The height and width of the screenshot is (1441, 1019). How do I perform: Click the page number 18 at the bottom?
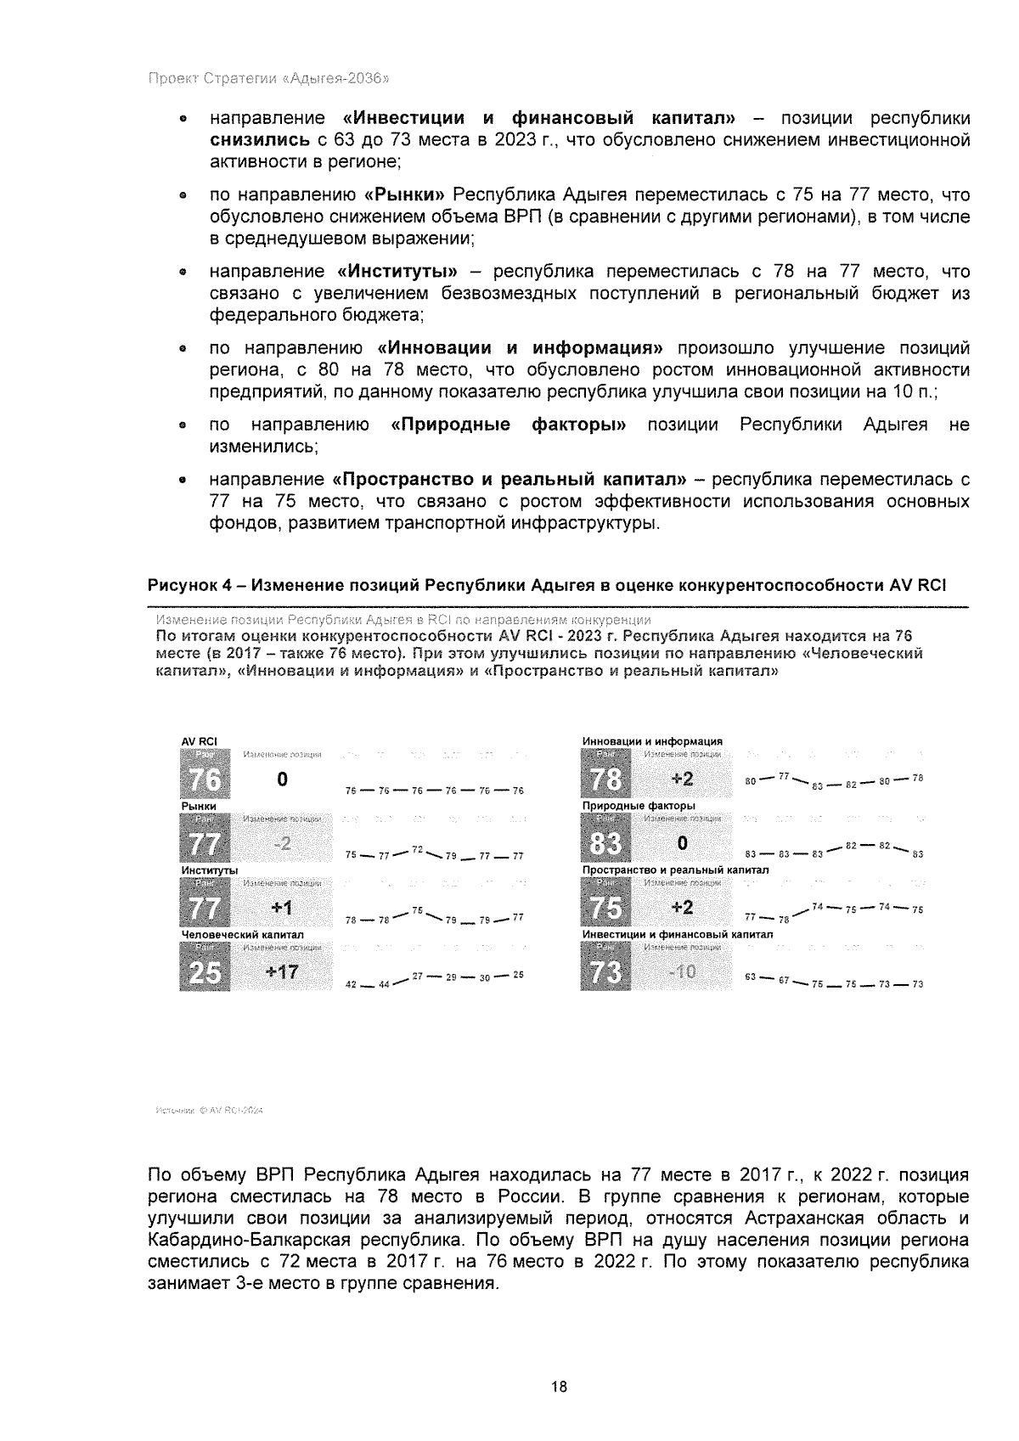(558, 1387)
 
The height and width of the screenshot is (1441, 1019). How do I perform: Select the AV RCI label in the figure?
(200, 740)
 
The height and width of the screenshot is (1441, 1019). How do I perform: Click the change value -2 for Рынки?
(281, 843)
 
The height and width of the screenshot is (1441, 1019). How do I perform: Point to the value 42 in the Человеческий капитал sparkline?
(351, 984)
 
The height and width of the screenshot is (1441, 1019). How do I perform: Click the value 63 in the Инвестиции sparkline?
(750, 977)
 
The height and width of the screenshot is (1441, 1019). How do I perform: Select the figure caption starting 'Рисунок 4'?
(547, 585)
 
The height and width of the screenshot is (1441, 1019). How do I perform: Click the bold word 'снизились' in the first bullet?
(259, 139)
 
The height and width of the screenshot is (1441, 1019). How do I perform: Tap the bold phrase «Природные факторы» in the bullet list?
(508, 425)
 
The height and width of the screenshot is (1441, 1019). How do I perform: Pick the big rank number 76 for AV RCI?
(205, 779)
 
